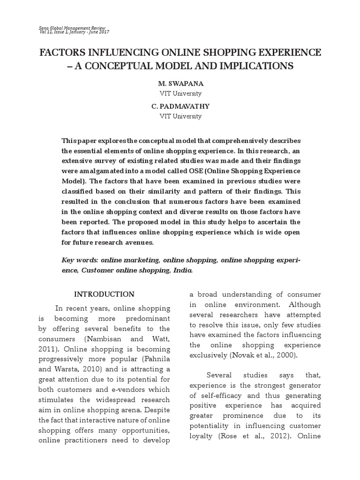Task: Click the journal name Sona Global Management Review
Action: [72, 28]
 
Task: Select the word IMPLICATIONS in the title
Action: [256, 66]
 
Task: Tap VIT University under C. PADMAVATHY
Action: [180, 116]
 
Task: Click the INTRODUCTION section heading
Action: [105, 294]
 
